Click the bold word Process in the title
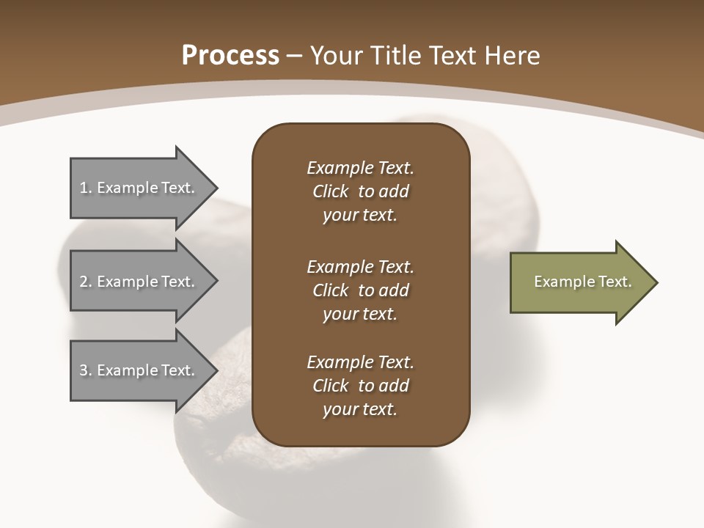click(230, 55)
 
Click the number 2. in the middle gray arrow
click(85, 282)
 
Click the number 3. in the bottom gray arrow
click(85, 370)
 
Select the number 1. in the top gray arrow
click(85, 188)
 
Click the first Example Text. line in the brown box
click(360, 168)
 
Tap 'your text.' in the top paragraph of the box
click(360, 215)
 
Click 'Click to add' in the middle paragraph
click(360, 290)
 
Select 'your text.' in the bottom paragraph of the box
click(360, 409)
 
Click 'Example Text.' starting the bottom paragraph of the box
click(360, 362)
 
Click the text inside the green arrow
click(583, 282)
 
